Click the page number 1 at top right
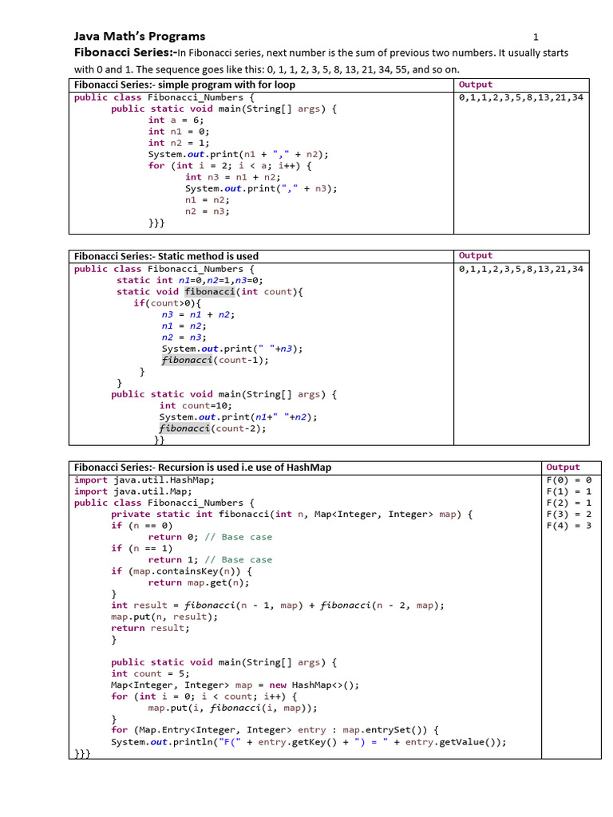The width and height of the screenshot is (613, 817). coord(536,37)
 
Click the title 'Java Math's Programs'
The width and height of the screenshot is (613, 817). coord(140,36)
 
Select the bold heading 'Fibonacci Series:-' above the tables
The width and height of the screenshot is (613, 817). coord(125,53)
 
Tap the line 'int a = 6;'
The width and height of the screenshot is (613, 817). coord(176,120)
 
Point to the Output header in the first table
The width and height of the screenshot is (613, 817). coord(476,85)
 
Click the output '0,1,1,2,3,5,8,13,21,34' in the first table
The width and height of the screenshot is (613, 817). coord(521,97)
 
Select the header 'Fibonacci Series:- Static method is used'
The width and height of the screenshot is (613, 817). coord(166,256)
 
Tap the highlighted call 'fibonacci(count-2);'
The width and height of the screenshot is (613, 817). coord(212,428)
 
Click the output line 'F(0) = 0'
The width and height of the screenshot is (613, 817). coord(568,480)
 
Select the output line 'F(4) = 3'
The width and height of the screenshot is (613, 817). coord(568,526)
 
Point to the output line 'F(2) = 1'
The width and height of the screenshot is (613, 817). coord(568,503)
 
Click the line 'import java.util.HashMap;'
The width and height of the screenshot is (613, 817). coord(144,480)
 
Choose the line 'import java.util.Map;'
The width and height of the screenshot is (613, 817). coord(135,491)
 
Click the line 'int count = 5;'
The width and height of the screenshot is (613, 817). coord(148,673)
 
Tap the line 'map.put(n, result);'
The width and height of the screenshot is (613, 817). coord(164,617)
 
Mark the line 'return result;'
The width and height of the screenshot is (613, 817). coord(150,628)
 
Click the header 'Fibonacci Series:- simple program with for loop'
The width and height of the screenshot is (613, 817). coord(184,85)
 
